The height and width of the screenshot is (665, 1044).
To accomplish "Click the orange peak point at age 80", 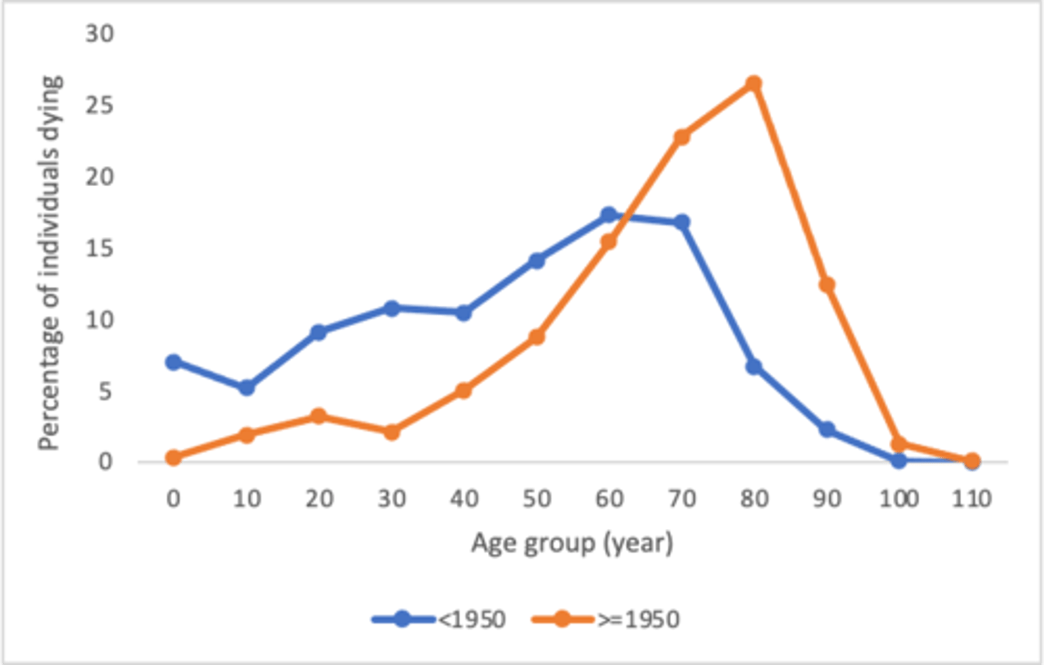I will (754, 83).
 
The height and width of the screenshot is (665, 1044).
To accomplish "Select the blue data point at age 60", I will (609, 215).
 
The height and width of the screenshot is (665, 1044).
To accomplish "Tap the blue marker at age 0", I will (173, 362).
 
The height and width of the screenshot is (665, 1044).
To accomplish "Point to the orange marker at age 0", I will (173, 457).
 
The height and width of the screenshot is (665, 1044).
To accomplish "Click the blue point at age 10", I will (246, 388).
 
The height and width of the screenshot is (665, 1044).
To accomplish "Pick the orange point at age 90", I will (826, 285).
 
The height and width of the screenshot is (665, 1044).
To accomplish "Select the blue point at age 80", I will (754, 367).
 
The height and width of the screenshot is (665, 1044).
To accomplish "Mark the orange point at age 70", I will (681, 137).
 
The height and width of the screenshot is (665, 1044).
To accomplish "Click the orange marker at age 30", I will (391, 432).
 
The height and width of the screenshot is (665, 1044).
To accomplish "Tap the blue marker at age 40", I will (463, 313).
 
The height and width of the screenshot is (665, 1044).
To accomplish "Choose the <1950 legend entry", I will (439, 619).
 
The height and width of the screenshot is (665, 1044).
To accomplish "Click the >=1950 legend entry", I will (606, 619).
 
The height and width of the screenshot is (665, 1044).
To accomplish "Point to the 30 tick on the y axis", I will (99, 33).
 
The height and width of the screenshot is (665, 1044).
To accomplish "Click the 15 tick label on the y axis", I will (99, 248).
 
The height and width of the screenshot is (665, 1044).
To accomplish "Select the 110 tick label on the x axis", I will (971, 498).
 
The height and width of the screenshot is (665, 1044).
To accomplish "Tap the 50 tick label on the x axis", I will (536, 498).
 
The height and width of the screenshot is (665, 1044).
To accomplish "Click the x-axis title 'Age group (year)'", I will (572, 543).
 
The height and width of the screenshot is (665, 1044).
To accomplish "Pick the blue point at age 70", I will (681, 222).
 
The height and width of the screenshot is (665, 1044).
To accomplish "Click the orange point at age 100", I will (899, 443).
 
